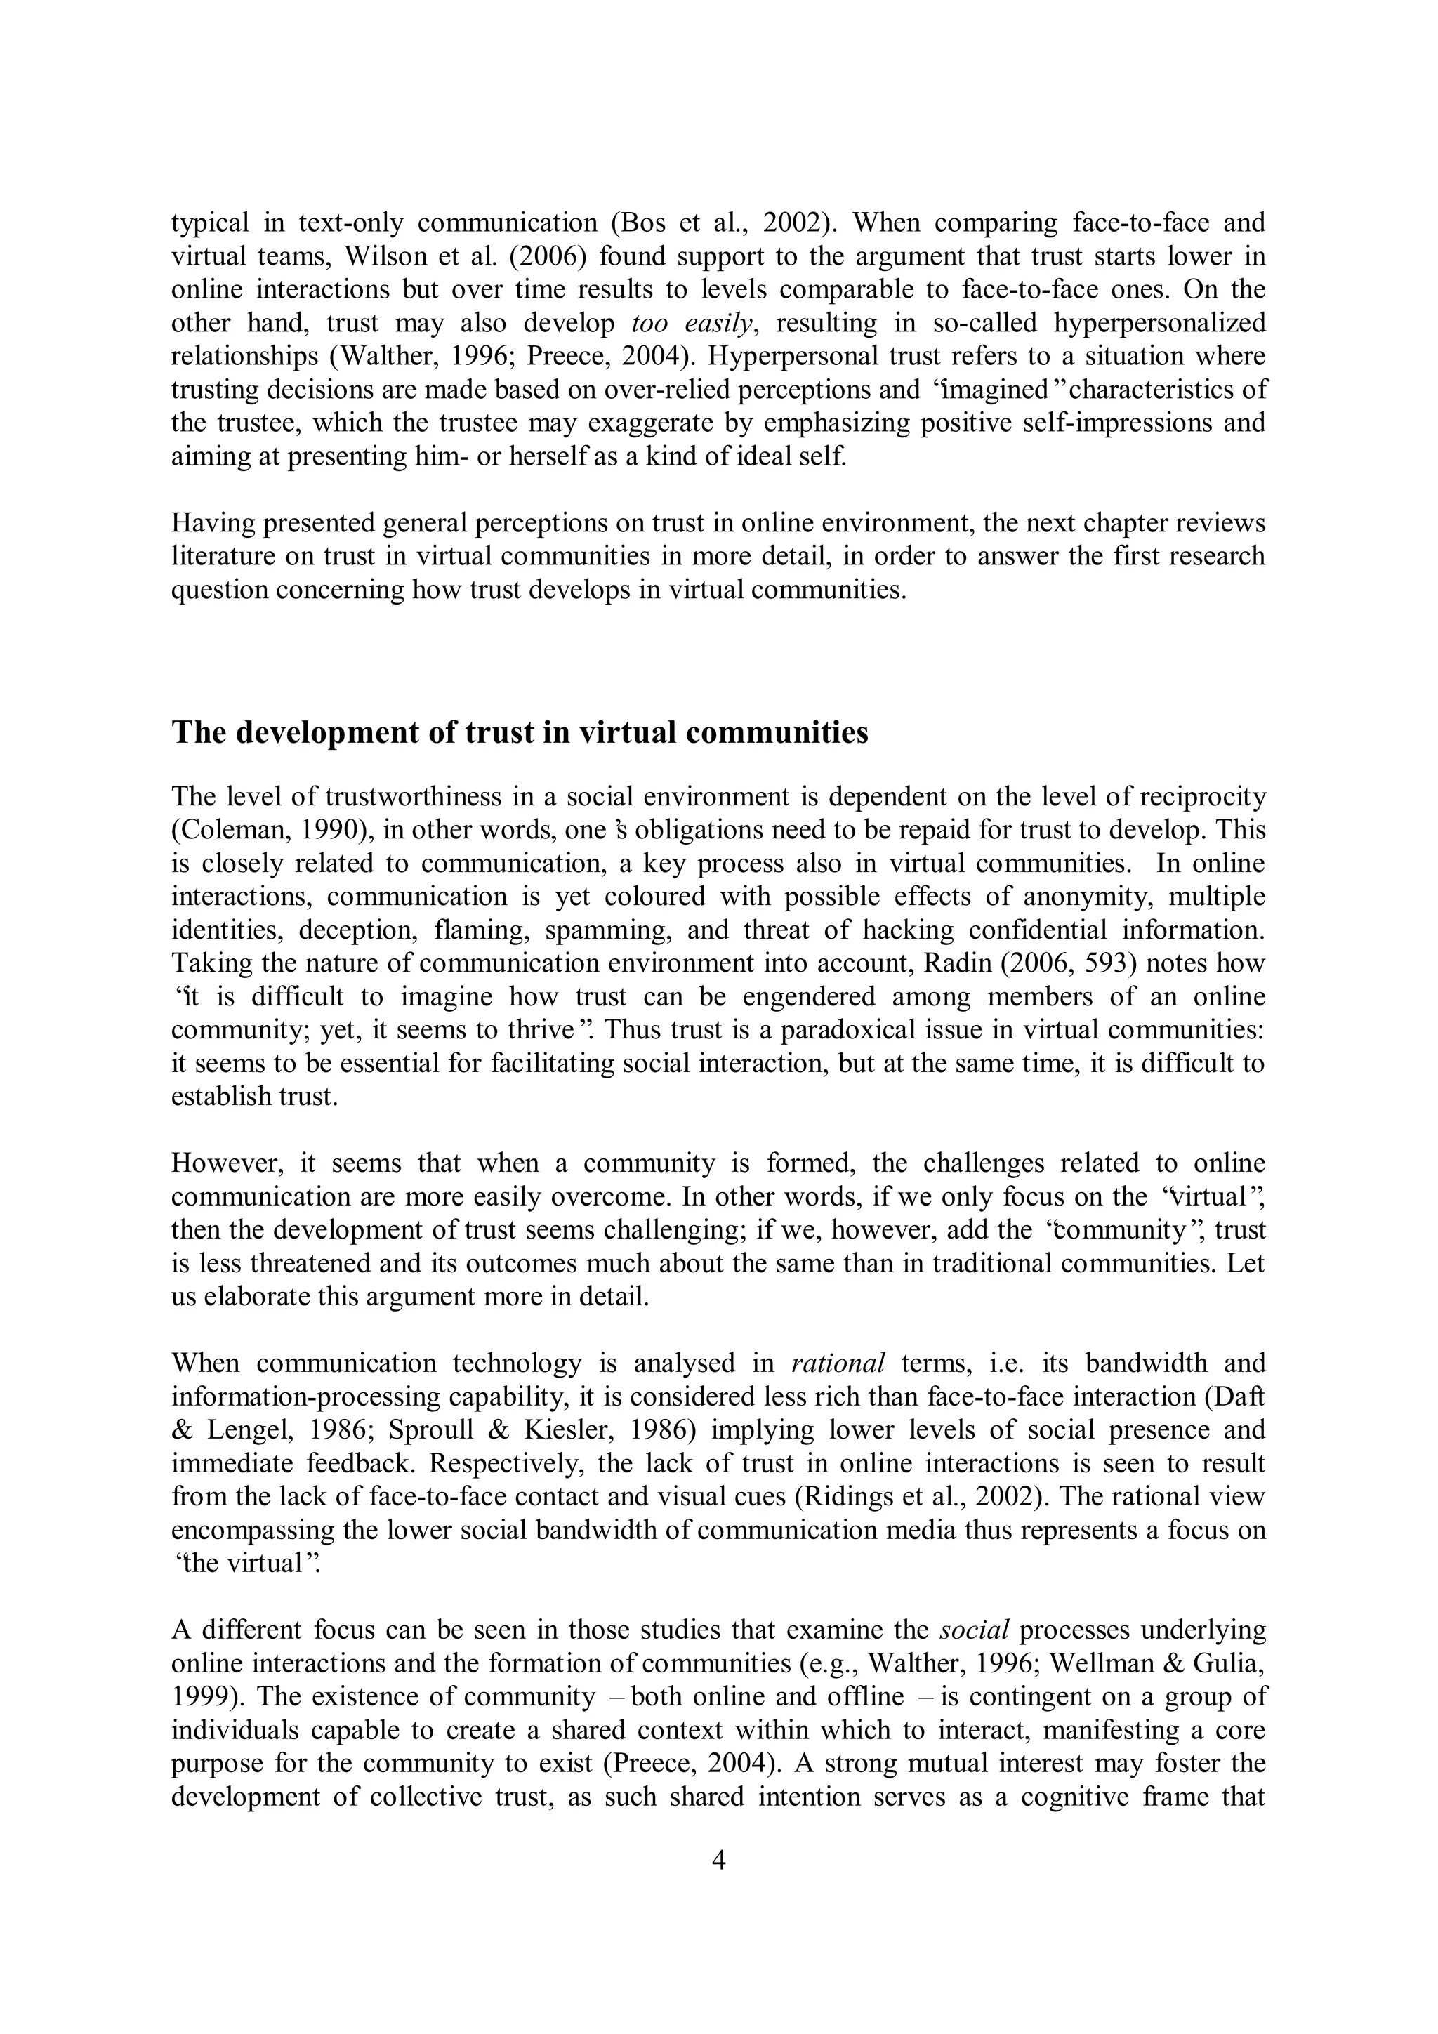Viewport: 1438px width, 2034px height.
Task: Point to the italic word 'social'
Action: coord(975,1629)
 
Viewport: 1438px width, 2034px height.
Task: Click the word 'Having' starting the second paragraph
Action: coord(212,522)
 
